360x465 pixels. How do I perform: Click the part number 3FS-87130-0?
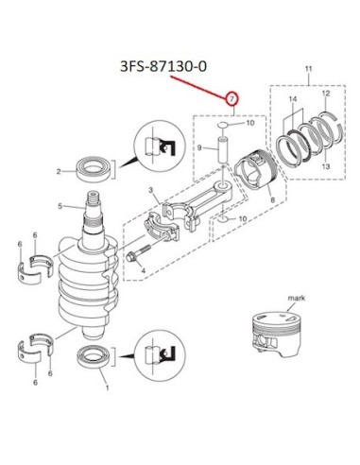163,66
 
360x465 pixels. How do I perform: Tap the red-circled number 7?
232,99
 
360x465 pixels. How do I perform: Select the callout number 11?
308,69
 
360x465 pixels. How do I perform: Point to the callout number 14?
293,99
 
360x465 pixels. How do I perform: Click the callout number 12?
326,94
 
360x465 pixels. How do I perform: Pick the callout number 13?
326,165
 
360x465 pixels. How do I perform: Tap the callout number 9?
199,147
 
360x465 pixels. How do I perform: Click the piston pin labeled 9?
223,149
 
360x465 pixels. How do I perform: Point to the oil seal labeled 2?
94,169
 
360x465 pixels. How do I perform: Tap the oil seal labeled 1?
94,357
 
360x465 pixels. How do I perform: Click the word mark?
297,298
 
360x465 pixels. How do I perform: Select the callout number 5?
60,206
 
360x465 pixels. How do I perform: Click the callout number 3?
151,190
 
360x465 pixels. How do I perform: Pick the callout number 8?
273,199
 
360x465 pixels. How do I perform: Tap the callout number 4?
144,270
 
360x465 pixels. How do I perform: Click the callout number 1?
107,387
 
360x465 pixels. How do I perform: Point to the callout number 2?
59,172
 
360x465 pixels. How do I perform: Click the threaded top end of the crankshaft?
94,198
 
